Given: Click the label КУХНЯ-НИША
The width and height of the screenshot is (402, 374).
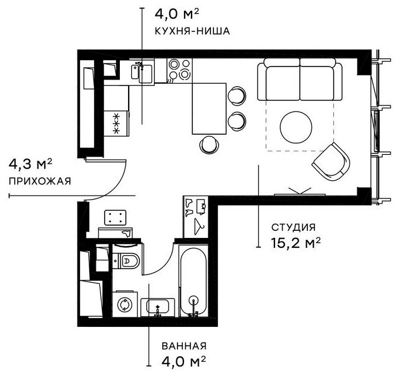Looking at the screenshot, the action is point(192,31).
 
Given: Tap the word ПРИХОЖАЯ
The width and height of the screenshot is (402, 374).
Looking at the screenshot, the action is point(40,181).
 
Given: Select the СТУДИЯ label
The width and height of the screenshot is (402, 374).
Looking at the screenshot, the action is point(293,227).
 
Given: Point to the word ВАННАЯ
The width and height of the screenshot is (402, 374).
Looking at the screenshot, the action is point(184,346).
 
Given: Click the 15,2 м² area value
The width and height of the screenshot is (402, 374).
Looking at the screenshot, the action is point(296,243).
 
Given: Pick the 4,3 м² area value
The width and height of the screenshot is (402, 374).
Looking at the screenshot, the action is point(31,164).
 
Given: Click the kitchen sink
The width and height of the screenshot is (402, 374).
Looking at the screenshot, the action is point(142,71).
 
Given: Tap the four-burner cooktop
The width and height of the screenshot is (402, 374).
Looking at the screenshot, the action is point(179,69).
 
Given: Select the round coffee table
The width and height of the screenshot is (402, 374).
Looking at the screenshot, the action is point(296,127).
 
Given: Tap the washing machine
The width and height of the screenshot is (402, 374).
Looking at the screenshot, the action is point(125,304).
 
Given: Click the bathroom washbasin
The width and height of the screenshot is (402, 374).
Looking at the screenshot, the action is point(158,307).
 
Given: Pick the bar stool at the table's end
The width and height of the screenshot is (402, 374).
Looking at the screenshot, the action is point(209,144).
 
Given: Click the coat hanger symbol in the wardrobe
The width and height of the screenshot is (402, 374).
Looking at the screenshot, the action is point(199,226).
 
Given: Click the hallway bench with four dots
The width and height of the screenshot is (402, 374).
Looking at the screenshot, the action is point(115,217).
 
